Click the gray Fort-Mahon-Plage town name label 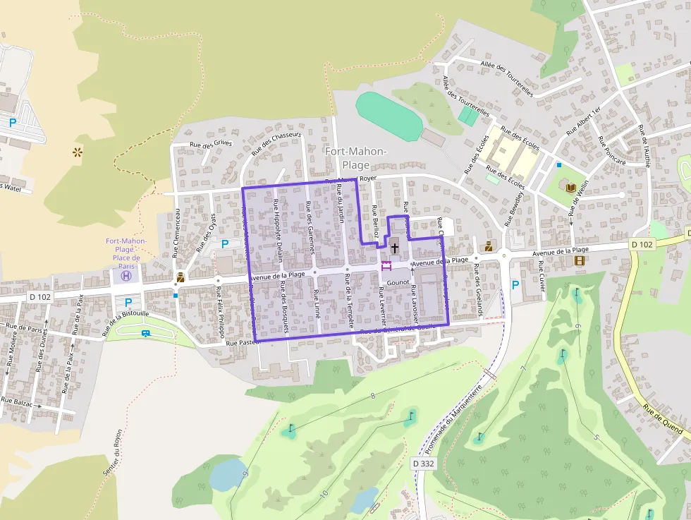(355, 157)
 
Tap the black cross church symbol (394, 248)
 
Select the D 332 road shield (423, 464)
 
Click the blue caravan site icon (146, 332)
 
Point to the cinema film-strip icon (579, 260)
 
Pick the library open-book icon (570, 186)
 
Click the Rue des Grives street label (210, 143)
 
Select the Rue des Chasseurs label (276, 143)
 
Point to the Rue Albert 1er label (583, 121)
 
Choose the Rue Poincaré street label (611, 150)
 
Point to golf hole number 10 (323, 493)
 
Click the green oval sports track (389, 115)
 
